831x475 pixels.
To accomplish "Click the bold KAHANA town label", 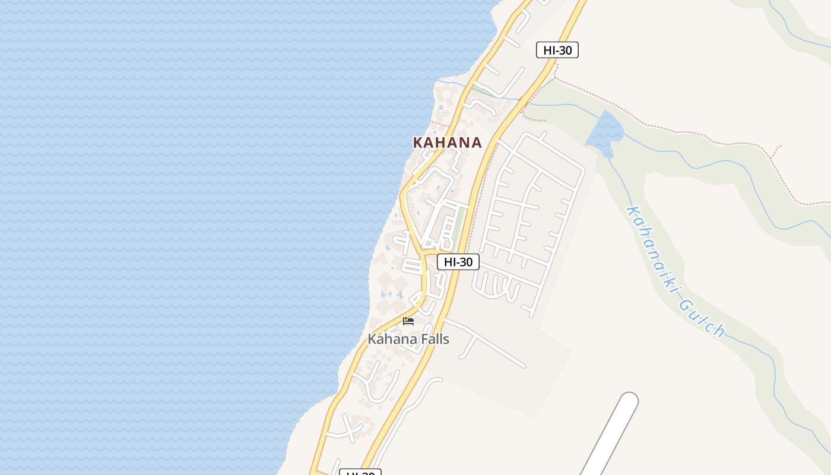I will [x=447, y=142].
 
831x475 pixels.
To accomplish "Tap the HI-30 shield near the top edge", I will [x=557, y=50].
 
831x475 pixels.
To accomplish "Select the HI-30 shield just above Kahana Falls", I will [x=458, y=262].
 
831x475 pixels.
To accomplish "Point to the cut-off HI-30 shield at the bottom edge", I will [x=360, y=473].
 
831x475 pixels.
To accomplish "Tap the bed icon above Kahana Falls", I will [x=408, y=321].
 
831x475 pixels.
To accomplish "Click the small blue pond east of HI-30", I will [x=604, y=133].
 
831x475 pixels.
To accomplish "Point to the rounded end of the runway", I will [x=629, y=401].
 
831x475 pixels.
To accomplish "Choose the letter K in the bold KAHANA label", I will [x=418, y=142].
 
